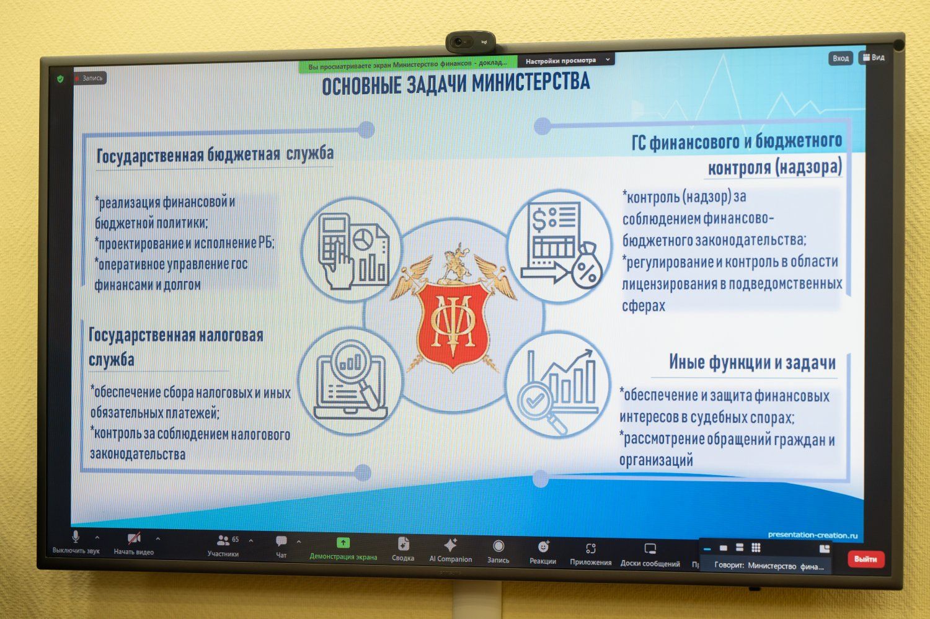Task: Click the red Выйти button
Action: click(x=866, y=559)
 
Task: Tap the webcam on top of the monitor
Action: click(x=471, y=42)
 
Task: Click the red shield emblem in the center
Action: click(x=453, y=323)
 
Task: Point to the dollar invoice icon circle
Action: click(x=560, y=246)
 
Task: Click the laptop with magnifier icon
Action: click(x=350, y=381)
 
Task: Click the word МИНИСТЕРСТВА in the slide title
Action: click(x=531, y=82)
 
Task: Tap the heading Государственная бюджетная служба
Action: click(x=215, y=154)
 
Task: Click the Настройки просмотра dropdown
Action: click(x=567, y=61)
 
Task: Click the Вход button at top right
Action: click(x=841, y=58)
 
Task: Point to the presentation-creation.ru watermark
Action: click(x=812, y=535)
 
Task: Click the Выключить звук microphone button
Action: click(x=76, y=542)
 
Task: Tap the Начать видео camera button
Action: click(x=134, y=544)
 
